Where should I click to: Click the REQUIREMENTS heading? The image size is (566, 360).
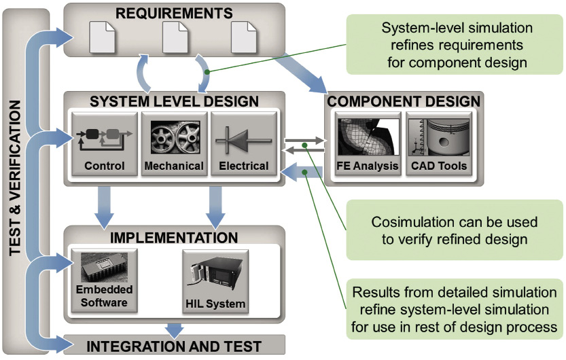coord(174,13)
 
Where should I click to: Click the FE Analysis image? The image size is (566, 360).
coord(367,137)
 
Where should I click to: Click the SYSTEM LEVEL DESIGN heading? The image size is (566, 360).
coord(175,102)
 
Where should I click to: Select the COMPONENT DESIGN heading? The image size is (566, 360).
coord(404,102)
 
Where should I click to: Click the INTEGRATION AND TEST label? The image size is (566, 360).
coord(174,346)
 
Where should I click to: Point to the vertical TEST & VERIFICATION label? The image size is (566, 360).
coord(18,179)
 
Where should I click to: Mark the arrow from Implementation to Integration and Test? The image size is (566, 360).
coord(175,328)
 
